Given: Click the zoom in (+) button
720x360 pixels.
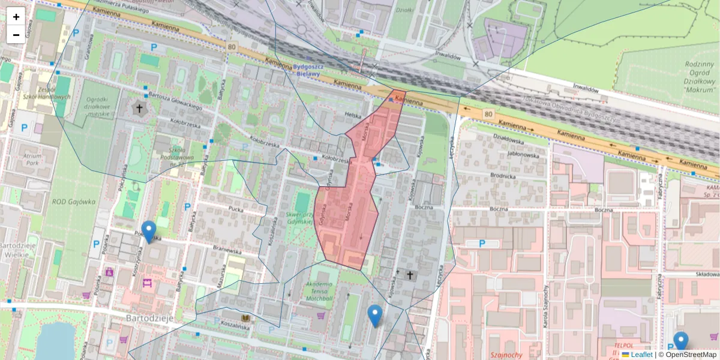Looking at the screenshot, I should coord(16,17).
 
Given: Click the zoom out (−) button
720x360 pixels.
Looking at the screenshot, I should coord(16,35).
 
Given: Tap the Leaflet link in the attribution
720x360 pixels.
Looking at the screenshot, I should coord(641,355).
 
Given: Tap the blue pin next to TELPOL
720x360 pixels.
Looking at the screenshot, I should coord(680,341).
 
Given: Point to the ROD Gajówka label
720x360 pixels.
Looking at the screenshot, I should coord(73,202).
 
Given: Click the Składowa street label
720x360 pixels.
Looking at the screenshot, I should coord(706,274).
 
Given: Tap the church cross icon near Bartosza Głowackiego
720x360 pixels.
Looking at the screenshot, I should coord(140,109).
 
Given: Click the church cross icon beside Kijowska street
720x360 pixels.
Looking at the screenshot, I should coord(410,274).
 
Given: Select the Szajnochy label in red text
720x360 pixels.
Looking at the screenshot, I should coord(506,355).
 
